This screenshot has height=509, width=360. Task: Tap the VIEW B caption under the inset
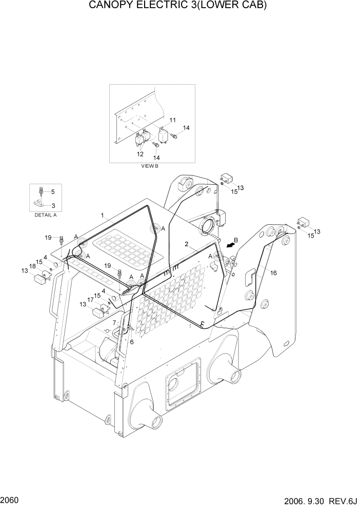(151, 167)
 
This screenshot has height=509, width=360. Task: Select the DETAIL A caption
(45, 215)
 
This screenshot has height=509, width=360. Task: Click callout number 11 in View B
(173, 120)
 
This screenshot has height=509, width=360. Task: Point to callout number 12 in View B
(139, 154)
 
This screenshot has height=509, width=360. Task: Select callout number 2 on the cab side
(188, 244)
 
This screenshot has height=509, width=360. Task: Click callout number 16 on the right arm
(273, 273)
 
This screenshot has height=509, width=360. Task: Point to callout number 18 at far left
(32, 266)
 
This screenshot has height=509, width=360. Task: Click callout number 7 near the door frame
(114, 322)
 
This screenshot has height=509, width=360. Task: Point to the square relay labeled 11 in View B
(165, 134)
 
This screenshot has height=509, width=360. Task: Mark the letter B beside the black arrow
(236, 240)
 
